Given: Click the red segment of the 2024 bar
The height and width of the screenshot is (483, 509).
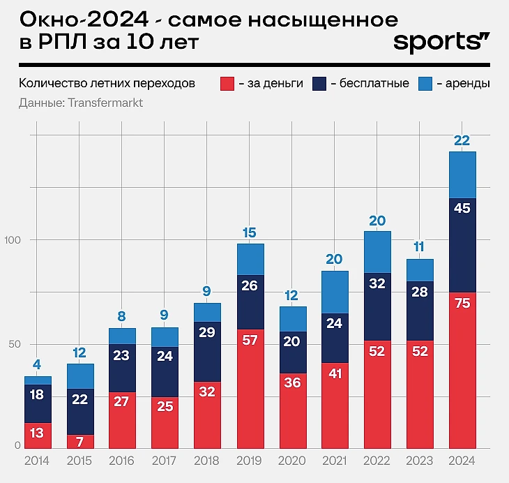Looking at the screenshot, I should click(462, 370).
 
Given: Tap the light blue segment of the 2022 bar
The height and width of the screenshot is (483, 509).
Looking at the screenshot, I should click(377, 251).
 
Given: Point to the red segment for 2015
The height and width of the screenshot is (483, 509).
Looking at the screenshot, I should click(80, 441).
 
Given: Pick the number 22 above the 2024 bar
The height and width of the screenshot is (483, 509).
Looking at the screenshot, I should click(462, 141).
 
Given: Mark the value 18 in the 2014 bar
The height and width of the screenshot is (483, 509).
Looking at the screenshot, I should click(38, 395).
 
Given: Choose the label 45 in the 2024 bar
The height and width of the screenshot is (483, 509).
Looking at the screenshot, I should click(462, 208).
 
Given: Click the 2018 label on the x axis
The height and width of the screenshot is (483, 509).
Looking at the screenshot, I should click(207, 461).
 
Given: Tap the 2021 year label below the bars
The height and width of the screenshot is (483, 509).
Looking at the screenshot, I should click(335, 461).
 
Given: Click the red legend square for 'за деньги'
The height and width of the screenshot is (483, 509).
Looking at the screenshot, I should click(227, 84).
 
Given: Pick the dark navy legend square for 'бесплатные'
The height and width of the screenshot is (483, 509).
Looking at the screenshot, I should click(320, 84).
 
